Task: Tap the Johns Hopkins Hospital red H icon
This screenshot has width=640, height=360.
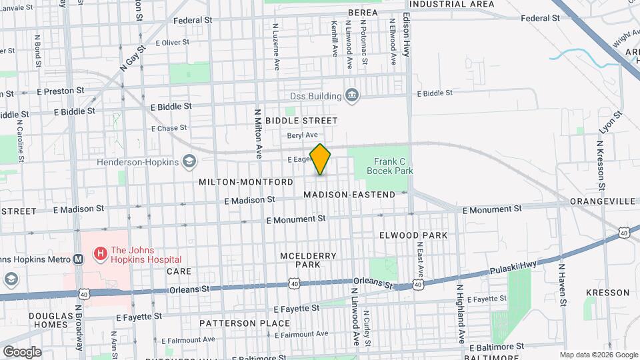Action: coord(100,253)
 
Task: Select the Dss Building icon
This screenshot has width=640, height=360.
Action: coord(352,97)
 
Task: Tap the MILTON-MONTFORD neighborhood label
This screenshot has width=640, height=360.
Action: coord(246,182)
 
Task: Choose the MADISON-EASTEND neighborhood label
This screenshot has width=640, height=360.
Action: coord(349,194)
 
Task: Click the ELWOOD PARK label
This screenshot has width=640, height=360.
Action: coord(413,235)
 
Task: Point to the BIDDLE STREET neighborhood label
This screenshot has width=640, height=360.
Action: coord(301,121)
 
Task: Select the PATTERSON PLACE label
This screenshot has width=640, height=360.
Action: coord(245,323)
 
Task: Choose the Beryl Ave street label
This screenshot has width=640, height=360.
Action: coord(303,135)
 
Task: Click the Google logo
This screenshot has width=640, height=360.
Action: coord(22,351)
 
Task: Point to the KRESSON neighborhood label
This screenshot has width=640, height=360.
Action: coord(607,293)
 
